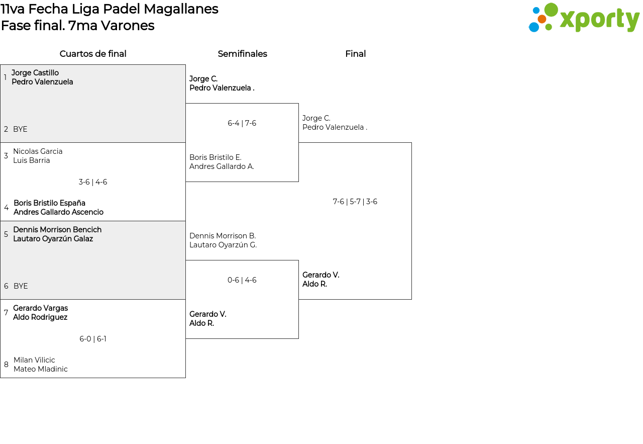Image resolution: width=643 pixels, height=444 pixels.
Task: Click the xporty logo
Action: (x=584, y=18)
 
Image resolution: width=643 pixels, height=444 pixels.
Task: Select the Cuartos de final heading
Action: (x=93, y=54)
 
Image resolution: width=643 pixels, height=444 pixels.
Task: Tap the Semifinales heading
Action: (x=242, y=54)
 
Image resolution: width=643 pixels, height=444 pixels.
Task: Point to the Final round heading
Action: (x=355, y=54)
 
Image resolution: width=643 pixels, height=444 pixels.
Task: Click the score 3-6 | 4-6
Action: (x=93, y=182)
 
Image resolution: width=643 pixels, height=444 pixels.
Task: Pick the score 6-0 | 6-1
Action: (x=93, y=339)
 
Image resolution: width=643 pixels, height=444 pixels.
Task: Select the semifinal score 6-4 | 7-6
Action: (x=242, y=123)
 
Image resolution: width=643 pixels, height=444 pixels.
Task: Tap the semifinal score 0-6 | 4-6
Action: (x=242, y=280)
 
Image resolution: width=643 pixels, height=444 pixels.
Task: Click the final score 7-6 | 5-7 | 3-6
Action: (x=355, y=202)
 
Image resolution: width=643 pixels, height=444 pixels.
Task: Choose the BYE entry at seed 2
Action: (x=20, y=129)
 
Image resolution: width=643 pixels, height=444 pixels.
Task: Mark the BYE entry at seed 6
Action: (x=21, y=286)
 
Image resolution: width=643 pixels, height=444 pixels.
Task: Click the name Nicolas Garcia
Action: (x=38, y=151)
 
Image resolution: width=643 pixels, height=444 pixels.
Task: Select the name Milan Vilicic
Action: (x=34, y=360)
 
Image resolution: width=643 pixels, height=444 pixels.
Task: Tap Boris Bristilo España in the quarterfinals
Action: (x=49, y=203)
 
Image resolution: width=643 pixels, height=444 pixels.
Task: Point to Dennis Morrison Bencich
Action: (x=57, y=230)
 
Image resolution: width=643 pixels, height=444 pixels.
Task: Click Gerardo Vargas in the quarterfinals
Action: (x=40, y=308)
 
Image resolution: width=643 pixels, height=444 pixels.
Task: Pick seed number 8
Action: (x=6, y=365)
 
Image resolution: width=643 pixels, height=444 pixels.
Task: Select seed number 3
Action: (x=6, y=156)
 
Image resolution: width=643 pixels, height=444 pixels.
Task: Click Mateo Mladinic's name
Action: (x=41, y=369)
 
